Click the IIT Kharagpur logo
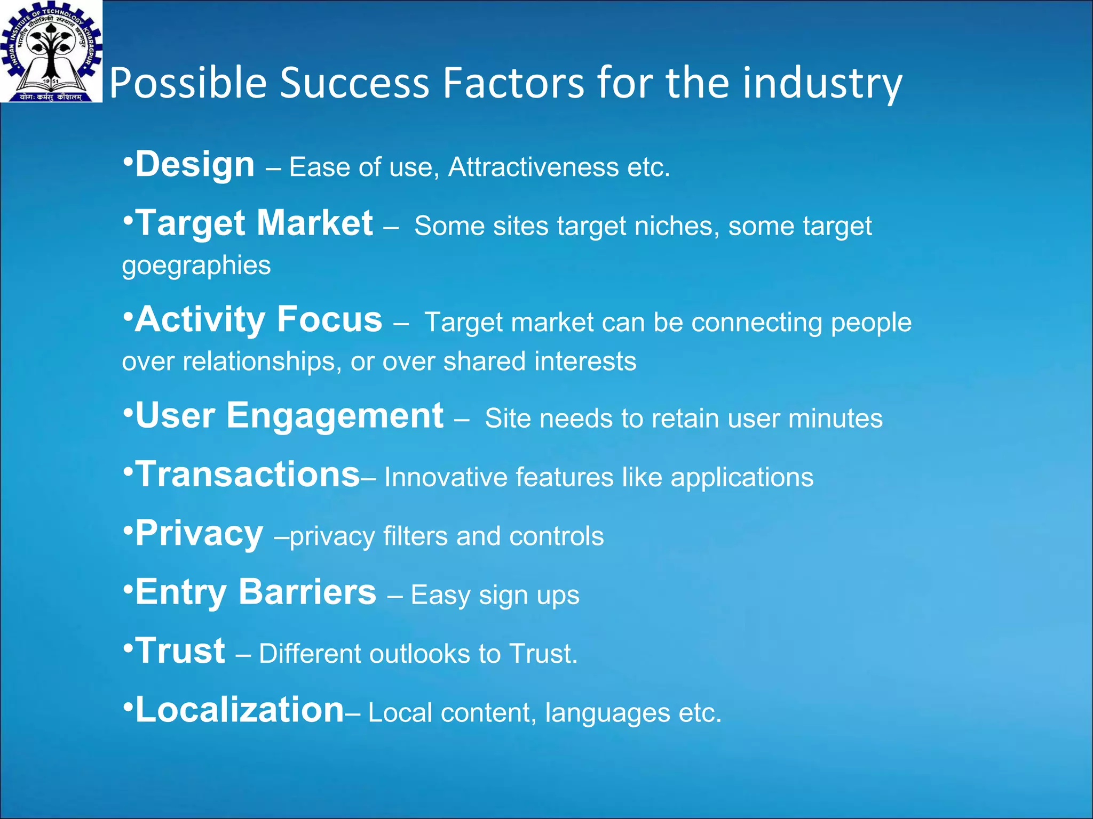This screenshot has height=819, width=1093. pos(51,51)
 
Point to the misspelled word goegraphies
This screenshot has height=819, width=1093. pos(196,266)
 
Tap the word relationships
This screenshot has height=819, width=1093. pos(262,362)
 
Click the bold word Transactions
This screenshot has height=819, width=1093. pos(248,475)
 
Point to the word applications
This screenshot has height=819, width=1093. pos(742,478)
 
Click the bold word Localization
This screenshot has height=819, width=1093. pos(240,710)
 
